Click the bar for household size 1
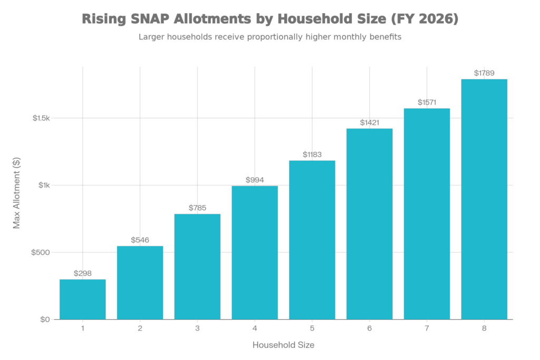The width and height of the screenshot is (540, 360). coord(83,299)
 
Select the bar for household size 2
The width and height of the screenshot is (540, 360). coord(140,283)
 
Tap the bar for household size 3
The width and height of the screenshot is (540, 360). coord(197,266)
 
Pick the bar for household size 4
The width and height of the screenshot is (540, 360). coord(255,252)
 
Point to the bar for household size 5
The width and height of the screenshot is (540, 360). coord(312,240)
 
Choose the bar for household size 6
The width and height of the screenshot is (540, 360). coord(369,223)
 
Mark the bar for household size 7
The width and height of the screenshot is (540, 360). coord(427,213)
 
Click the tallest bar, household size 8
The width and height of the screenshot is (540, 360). coord(484,199)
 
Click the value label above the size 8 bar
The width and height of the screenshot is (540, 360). coord(484,73)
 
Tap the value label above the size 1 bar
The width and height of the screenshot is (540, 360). coord(83,273)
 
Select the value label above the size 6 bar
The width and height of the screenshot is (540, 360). coord(369,122)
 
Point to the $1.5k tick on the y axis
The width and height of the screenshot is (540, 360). coord(41,118)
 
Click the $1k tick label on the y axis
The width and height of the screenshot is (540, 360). coord(44,186)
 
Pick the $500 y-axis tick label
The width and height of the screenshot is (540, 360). coord(42,252)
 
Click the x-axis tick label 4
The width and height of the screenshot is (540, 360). coord(255,328)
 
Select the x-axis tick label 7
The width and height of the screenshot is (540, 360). coord(427,328)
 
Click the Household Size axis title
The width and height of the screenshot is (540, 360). coord(284,345)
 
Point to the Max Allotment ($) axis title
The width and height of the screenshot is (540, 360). coord(16,192)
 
